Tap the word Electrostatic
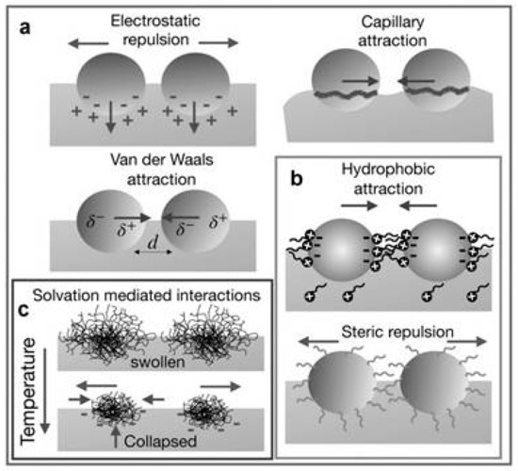146,19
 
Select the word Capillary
385,19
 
